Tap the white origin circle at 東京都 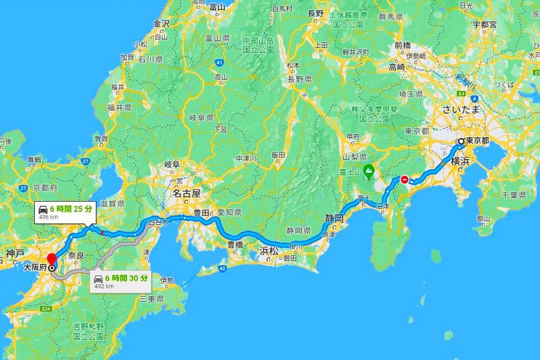point(461,142)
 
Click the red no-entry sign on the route point(405,179)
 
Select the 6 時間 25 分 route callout point(65,212)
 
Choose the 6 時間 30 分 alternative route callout point(121,281)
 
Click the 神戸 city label point(14,254)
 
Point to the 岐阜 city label point(172,164)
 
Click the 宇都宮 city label point(484,25)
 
